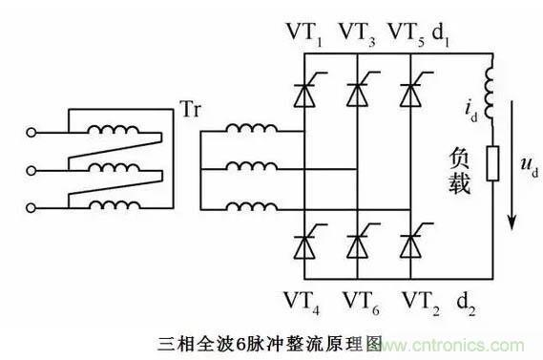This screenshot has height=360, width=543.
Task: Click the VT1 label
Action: click(x=304, y=34)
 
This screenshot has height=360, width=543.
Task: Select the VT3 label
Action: click(x=357, y=34)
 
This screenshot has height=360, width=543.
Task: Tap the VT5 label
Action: click(x=407, y=34)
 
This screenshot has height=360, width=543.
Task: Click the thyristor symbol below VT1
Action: click(x=309, y=90)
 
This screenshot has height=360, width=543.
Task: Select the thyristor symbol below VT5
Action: click(x=415, y=90)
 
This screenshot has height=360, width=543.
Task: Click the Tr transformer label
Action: click(x=191, y=109)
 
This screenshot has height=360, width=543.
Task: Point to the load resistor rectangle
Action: click(x=492, y=163)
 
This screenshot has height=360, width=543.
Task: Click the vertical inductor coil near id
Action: click(x=490, y=93)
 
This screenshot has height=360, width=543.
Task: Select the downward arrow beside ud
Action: click(x=512, y=165)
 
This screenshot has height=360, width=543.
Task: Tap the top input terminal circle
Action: click(x=31, y=133)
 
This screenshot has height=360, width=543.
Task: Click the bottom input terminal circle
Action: click(x=31, y=208)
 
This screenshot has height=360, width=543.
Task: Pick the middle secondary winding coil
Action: click(x=252, y=166)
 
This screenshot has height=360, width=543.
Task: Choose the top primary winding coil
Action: click(x=114, y=129)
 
